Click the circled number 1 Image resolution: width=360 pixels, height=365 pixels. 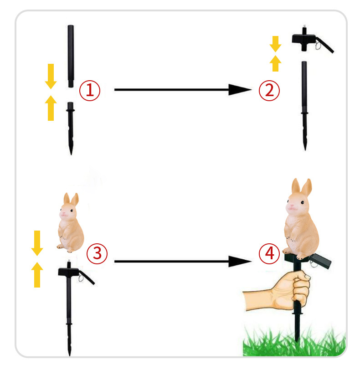[x=90, y=90]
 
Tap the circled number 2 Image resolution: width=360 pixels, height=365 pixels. [x=269, y=90]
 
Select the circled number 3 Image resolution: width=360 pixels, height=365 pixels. [x=97, y=253]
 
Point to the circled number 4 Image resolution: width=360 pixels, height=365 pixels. [x=269, y=253]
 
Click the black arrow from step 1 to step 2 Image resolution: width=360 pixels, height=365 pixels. [x=183, y=90]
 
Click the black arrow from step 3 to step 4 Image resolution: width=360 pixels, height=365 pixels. [x=183, y=262]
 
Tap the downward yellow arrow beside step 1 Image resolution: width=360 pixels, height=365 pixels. [x=51, y=77]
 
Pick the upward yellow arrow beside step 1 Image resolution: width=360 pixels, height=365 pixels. [x=51, y=108]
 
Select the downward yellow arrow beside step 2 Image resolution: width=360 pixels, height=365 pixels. [x=276, y=44]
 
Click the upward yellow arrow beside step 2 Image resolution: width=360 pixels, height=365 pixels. [x=276, y=63]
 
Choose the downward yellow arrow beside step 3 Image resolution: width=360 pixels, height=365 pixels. [x=37, y=243]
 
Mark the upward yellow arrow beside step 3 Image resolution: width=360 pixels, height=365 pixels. [x=37, y=275]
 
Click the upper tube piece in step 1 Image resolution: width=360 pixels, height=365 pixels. [x=71, y=56]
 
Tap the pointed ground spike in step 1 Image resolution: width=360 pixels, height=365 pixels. [x=71, y=128]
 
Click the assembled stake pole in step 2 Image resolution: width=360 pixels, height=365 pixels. [x=304, y=106]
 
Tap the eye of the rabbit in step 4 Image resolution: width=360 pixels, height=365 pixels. [x=302, y=202]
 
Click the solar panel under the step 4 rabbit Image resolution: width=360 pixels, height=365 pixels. [x=321, y=261]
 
